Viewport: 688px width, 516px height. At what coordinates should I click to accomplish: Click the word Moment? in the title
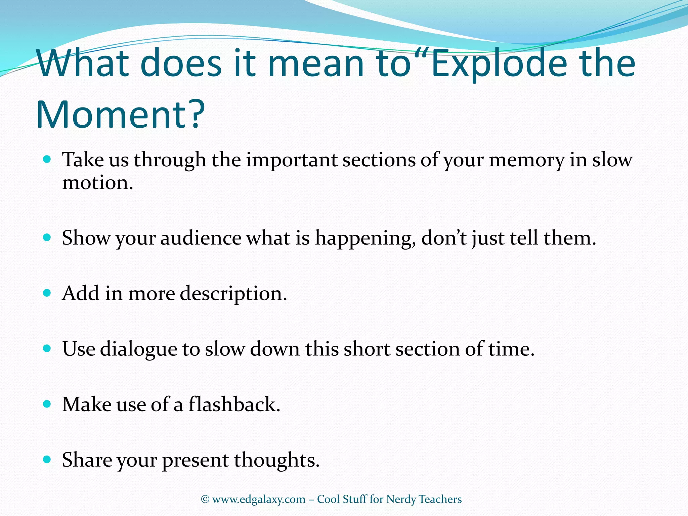pyautogui.click(x=120, y=115)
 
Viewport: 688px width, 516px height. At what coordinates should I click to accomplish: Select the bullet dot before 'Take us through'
pyautogui.click(x=47, y=159)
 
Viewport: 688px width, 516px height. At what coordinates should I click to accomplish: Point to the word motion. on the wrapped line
pyautogui.click(x=98, y=183)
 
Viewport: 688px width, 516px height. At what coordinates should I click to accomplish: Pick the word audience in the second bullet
pyautogui.click(x=201, y=238)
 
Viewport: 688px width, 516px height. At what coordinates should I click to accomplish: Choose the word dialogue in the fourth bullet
pyautogui.click(x=138, y=349)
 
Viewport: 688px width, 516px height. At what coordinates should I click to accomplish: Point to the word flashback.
pyautogui.click(x=234, y=404)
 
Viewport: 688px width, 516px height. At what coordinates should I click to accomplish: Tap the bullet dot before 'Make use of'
pyautogui.click(x=47, y=403)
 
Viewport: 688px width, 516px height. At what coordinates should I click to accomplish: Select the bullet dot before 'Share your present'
pyautogui.click(x=47, y=459)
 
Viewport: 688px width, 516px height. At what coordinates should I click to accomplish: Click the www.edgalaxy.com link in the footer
pyautogui.click(x=259, y=499)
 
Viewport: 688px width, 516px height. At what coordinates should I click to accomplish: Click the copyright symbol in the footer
pyautogui.click(x=205, y=499)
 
